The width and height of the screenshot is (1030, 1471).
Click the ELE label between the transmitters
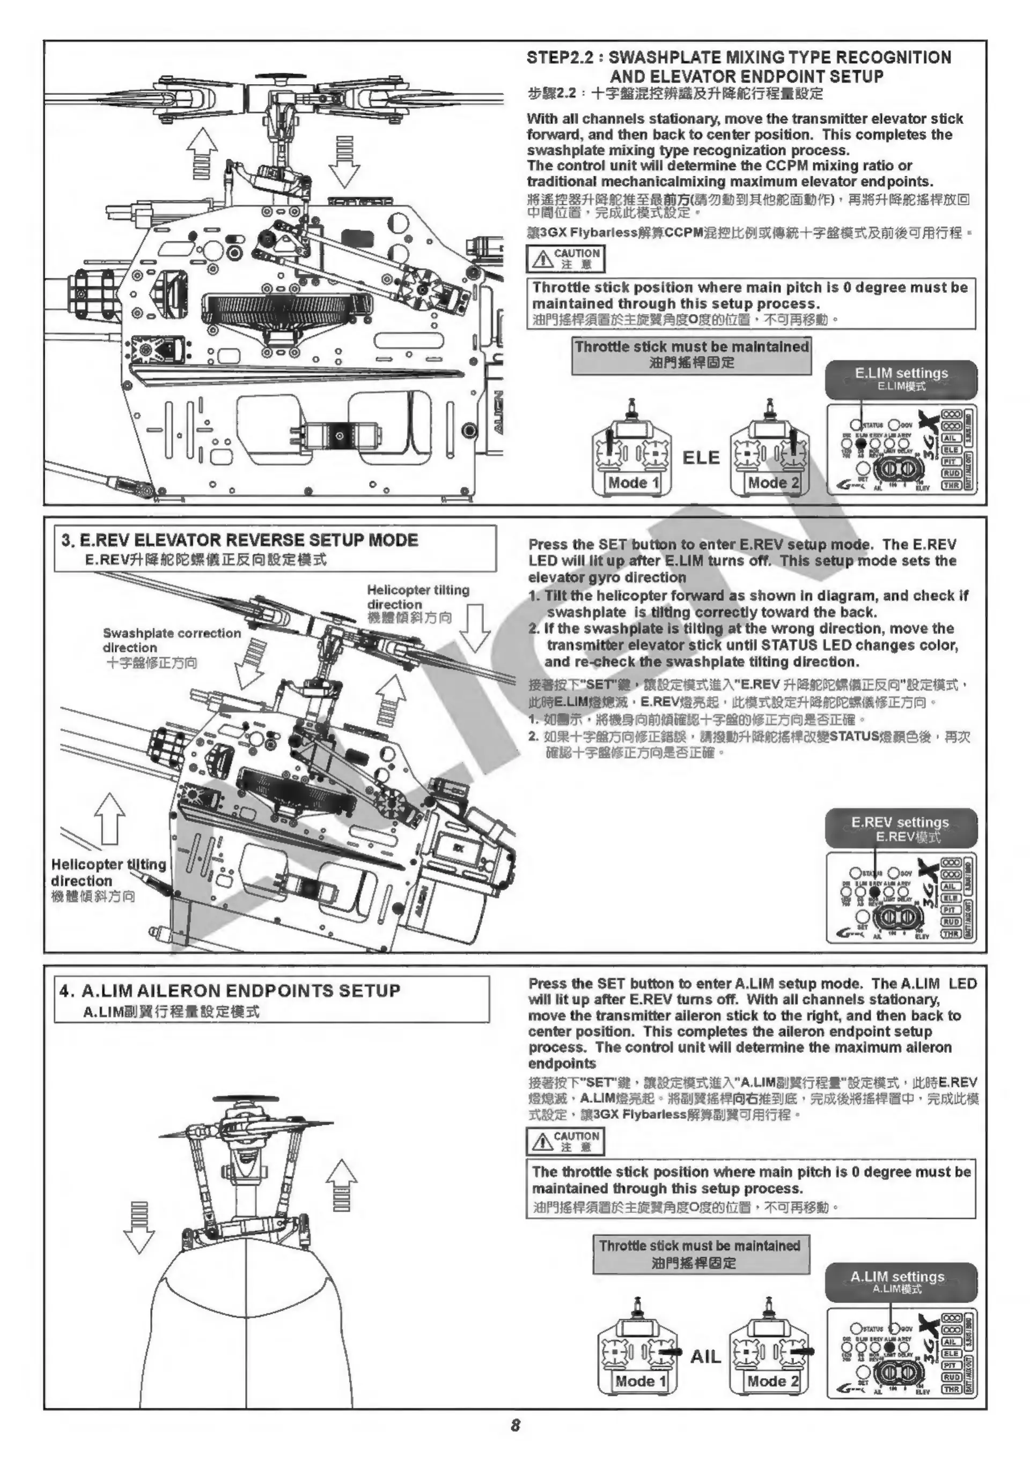(701, 457)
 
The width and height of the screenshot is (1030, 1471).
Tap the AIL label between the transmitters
(705, 1356)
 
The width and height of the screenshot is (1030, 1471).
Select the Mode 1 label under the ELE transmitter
(633, 482)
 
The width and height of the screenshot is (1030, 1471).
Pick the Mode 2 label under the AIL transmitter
(773, 1381)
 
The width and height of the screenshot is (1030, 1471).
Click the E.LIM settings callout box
(901, 378)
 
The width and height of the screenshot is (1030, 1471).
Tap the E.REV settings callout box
(901, 828)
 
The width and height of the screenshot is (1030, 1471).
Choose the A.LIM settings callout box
(901, 1281)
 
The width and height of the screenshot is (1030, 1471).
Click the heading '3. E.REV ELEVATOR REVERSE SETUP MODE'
(240, 540)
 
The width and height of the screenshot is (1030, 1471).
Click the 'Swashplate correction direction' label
(171, 640)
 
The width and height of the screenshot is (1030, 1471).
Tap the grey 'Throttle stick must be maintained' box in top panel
(691, 355)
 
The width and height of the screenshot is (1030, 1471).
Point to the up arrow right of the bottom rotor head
(342, 1186)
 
